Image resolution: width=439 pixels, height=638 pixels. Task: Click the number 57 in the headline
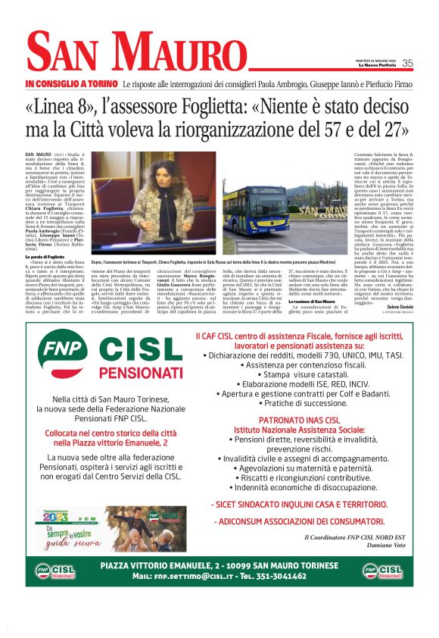[355, 129]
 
